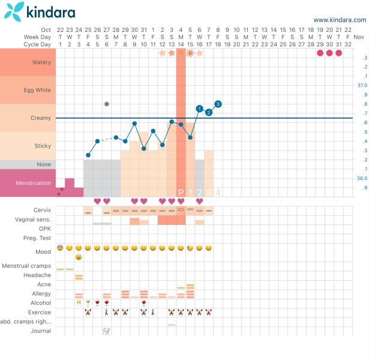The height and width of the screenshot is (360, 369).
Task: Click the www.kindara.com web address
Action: pos(339,20)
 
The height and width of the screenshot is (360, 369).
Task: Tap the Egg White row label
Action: pos(38,90)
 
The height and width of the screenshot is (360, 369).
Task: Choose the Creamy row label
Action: pos(41,118)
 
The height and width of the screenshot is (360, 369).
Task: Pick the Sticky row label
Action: pos(42,146)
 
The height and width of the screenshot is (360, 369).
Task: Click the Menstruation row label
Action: pos(32,183)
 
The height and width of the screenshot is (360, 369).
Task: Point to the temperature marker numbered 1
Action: pos(199,109)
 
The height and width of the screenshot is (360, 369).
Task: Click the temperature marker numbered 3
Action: pos(218,104)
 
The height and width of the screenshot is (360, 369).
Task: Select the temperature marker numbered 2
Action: pos(209,112)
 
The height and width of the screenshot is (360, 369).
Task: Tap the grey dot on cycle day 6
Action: pos(107,104)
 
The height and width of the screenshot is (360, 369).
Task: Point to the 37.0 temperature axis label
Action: pos(362,86)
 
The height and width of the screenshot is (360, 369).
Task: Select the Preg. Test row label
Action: pos(38,238)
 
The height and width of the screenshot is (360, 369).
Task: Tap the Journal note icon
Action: pos(107,331)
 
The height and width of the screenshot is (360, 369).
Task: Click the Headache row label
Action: pos(37,275)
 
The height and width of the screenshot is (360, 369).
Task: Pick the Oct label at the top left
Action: pos(46,29)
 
